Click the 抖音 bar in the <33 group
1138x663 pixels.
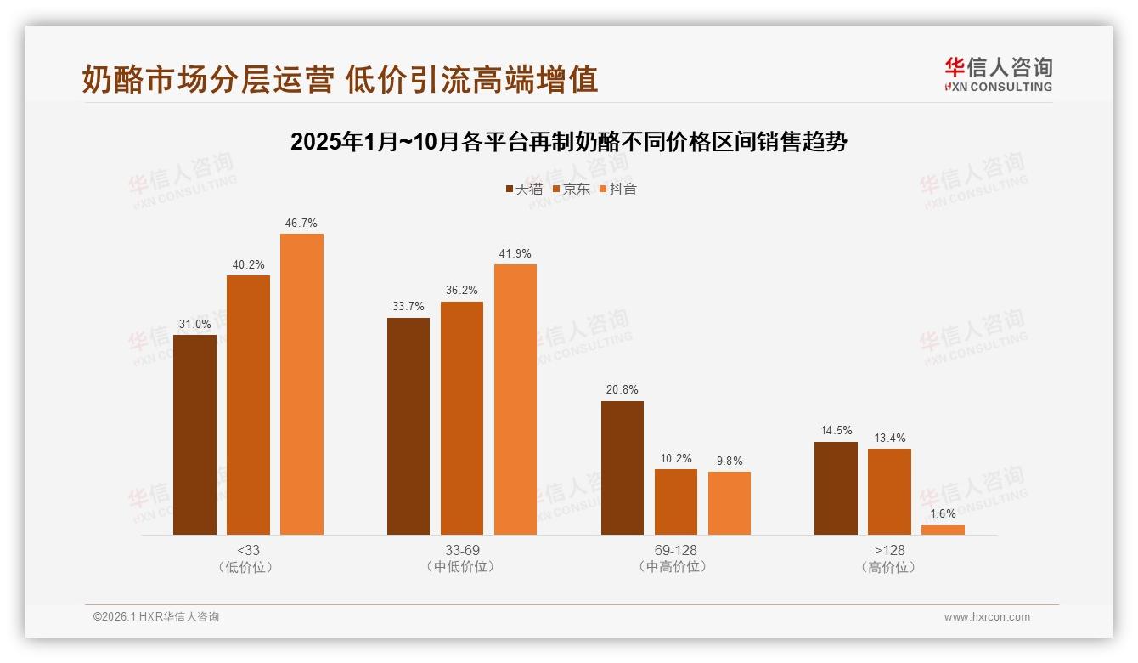[301, 384]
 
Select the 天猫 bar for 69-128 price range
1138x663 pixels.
[622, 467]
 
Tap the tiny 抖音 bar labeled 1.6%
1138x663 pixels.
[943, 530]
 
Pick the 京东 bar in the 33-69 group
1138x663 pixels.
[461, 418]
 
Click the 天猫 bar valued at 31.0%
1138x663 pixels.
[194, 434]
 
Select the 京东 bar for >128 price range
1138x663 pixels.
[889, 491]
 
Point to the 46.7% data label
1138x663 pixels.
[301, 224]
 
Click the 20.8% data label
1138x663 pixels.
[623, 390]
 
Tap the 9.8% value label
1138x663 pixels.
[729, 462]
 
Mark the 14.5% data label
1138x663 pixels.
[836, 431]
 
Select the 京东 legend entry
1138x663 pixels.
[571, 190]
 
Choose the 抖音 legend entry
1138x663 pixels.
[617, 190]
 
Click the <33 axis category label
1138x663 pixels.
[248, 550]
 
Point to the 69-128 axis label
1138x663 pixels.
[675, 550]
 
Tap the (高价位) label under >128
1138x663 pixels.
[889, 567]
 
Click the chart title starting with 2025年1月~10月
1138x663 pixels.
[569, 142]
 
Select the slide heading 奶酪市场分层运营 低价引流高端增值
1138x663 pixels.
[340, 79]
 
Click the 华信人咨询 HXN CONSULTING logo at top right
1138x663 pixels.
[998, 75]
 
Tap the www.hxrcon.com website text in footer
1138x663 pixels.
[987, 617]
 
